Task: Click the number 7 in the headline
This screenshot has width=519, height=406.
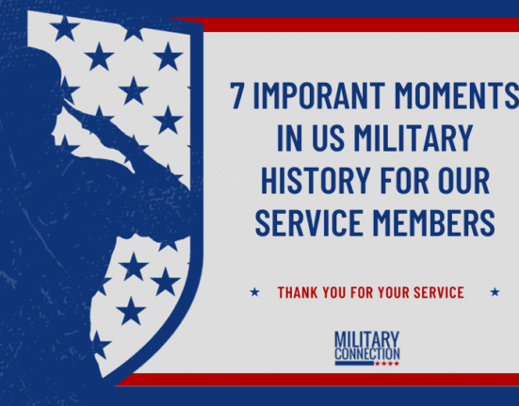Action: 237,95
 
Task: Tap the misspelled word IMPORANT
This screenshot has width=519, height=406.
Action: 319,95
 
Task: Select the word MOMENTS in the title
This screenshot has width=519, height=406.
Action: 457,95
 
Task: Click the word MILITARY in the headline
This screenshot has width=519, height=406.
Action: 414,138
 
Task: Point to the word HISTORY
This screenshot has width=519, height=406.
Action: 316,180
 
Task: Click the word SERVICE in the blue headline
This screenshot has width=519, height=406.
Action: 309,222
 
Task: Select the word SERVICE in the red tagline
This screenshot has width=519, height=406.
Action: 439,293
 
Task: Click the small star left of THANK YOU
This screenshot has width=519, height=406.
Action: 254,292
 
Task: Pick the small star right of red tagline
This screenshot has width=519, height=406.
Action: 495,292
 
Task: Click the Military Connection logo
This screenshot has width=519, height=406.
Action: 367,349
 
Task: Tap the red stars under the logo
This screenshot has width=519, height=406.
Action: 387,364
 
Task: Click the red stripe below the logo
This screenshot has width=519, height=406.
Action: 317,380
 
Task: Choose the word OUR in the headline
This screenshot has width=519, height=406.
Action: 464,180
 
